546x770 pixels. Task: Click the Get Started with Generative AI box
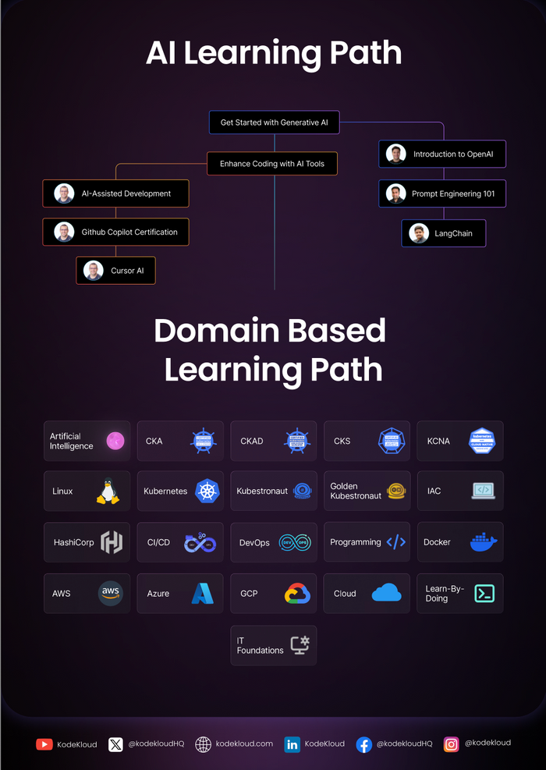tap(274, 122)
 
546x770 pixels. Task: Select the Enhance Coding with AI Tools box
tap(272, 164)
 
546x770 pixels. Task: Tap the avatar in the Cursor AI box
tap(94, 271)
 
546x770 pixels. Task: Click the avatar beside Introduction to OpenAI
tap(396, 154)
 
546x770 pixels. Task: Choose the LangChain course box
tap(443, 233)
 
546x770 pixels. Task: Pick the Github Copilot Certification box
tap(115, 232)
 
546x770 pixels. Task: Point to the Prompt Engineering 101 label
tap(453, 193)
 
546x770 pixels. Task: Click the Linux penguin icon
tap(108, 491)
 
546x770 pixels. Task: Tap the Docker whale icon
tap(483, 542)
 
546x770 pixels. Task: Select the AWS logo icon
tap(111, 593)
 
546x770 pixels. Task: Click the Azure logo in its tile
tap(203, 594)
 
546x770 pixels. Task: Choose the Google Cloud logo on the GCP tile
tap(296, 594)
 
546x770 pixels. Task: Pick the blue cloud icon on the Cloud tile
tap(387, 593)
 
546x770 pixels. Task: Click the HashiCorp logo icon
tap(112, 542)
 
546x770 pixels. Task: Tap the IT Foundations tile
tap(273, 645)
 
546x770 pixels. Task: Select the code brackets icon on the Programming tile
tap(396, 542)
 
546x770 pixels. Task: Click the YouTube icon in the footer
tap(44, 744)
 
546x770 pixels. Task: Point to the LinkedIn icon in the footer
tap(292, 744)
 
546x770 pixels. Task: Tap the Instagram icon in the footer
tap(452, 744)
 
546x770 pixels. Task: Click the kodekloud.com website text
tap(244, 744)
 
